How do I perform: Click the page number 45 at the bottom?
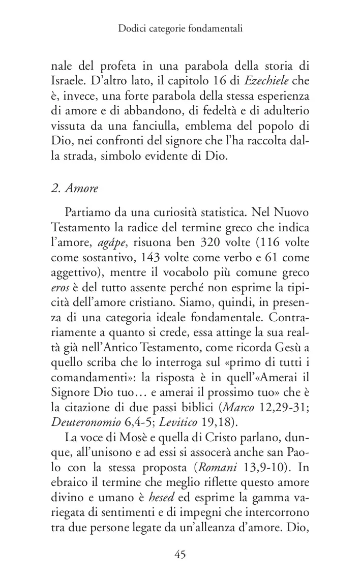tap(179, 555)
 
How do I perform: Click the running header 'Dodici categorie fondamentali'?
tap(179, 29)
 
